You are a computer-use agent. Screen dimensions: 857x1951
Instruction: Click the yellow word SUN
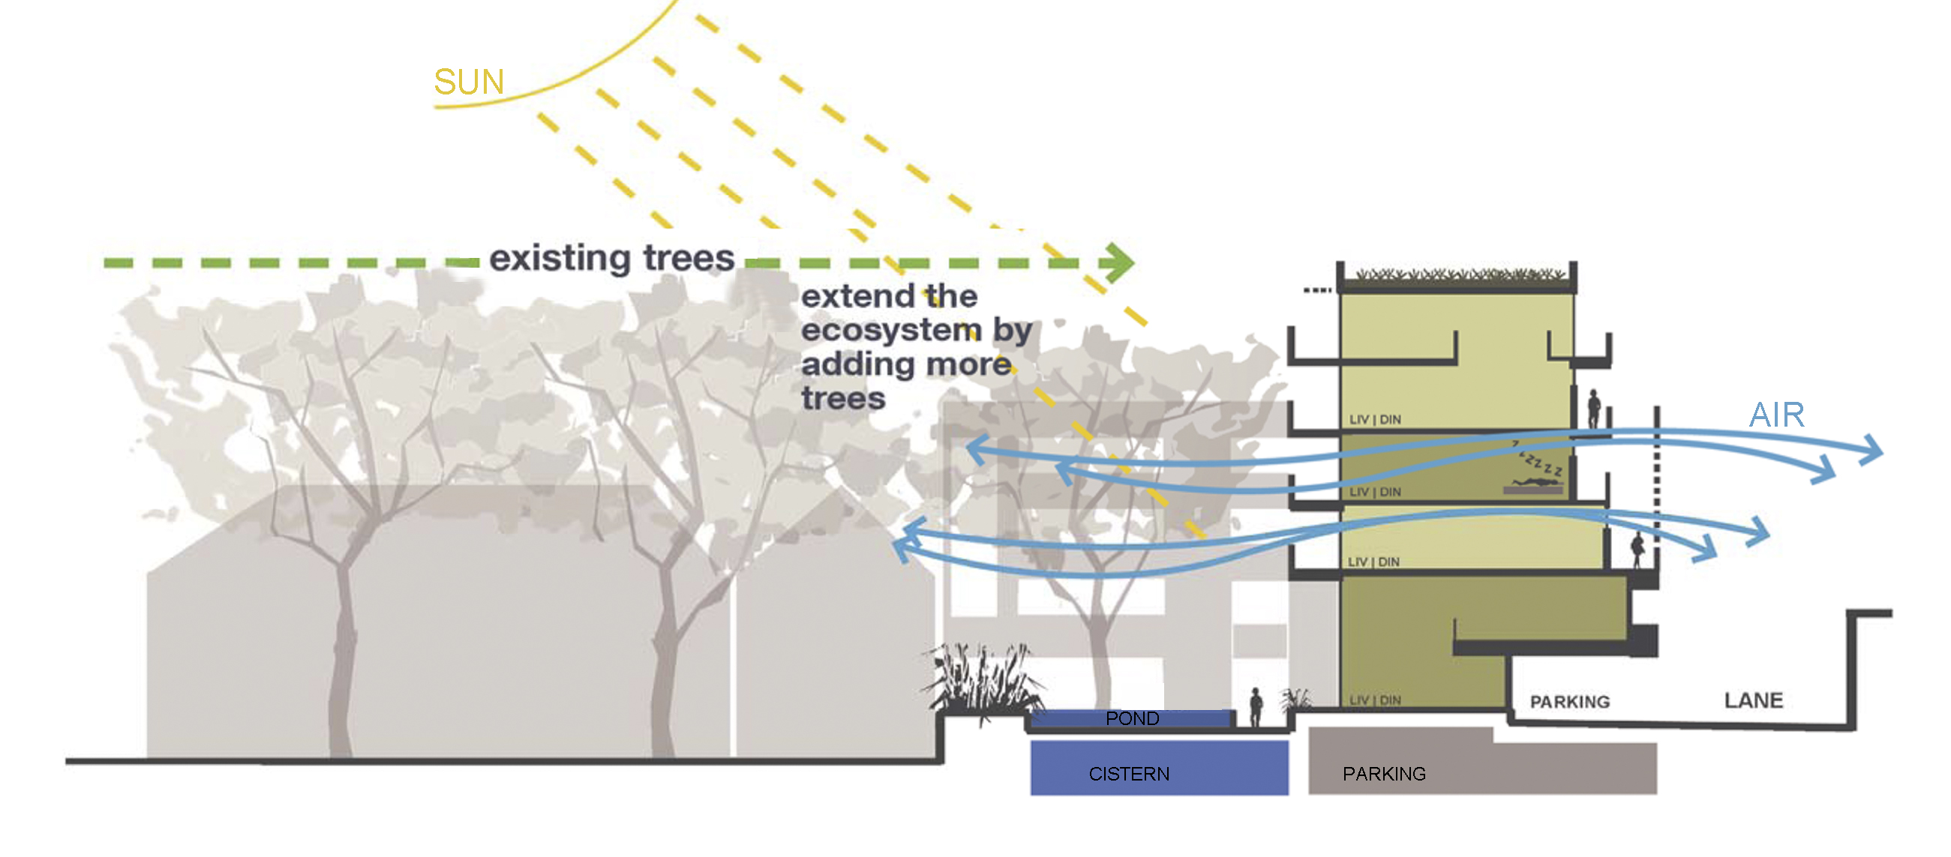tap(469, 82)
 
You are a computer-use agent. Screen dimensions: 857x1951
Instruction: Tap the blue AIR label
tap(1776, 415)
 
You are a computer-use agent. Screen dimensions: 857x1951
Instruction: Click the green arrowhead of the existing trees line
tap(1118, 262)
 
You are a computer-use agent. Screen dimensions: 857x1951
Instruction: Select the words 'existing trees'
tap(611, 258)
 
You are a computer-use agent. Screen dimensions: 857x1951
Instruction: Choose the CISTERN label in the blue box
tap(1128, 774)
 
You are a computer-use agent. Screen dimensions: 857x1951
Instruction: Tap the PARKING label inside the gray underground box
tap(1384, 774)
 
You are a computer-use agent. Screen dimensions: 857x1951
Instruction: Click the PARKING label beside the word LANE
tap(1569, 702)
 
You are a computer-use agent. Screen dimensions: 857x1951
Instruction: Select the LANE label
tap(1753, 700)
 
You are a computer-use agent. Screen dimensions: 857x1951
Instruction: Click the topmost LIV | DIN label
tap(1375, 419)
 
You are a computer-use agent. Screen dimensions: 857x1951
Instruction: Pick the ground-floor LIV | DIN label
tap(1375, 700)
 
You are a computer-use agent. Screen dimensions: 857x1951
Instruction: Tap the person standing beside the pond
tap(1256, 707)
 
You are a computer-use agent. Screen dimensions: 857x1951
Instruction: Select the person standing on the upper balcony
tap(1593, 409)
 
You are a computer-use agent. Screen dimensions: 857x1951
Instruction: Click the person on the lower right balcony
tap(1637, 549)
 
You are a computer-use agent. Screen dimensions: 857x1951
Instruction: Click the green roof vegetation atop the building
tap(1458, 274)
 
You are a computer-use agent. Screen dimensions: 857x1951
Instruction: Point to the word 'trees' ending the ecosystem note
tap(843, 398)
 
